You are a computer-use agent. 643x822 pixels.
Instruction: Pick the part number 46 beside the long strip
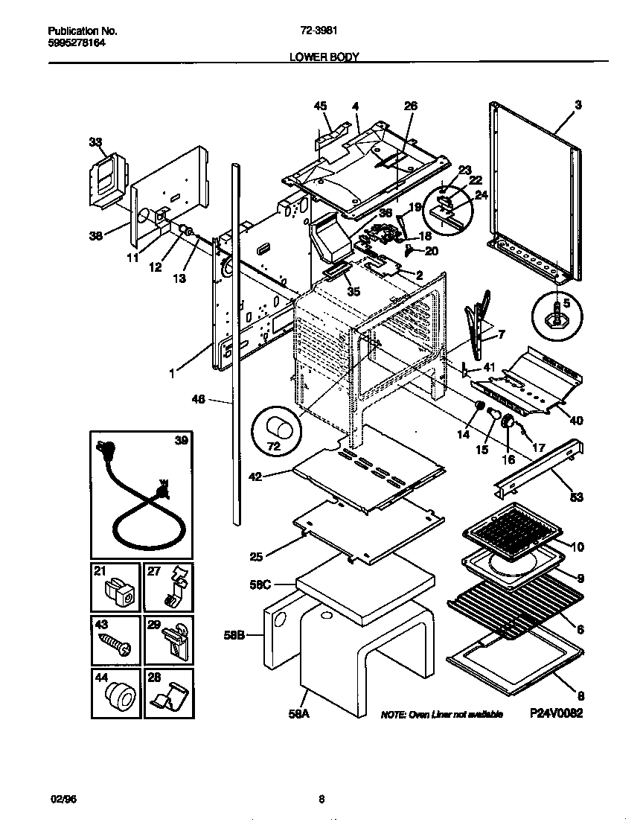[x=219, y=400]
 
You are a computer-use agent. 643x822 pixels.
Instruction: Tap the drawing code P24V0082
[x=555, y=713]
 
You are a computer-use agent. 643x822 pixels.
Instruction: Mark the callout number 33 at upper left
[x=95, y=142]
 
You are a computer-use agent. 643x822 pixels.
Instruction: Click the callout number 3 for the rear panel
[x=578, y=105]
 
